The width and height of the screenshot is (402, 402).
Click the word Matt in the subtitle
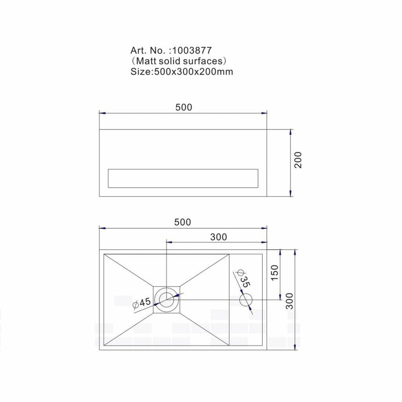(148, 61)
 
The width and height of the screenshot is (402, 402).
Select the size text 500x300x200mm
(193, 71)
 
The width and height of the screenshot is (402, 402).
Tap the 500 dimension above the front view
(184, 107)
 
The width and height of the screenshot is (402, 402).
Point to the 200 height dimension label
(299, 160)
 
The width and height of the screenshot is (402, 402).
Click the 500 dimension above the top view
(183, 222)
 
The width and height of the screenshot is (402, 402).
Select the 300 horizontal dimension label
(218, 237)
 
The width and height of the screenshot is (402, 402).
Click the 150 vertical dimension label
(274, 273)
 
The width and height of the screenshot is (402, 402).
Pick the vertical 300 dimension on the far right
(289, 301)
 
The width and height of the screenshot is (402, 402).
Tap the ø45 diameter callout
(142, 303)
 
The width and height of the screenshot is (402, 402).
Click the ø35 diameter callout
(243, 279)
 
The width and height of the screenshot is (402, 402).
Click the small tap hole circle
(246, 299)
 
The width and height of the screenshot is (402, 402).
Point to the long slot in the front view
(183, 178)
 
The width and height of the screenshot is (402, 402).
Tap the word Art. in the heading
(139, 50)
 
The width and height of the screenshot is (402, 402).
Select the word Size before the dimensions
(142, 71)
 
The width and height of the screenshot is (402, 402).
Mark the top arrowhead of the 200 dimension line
(291, 132)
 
